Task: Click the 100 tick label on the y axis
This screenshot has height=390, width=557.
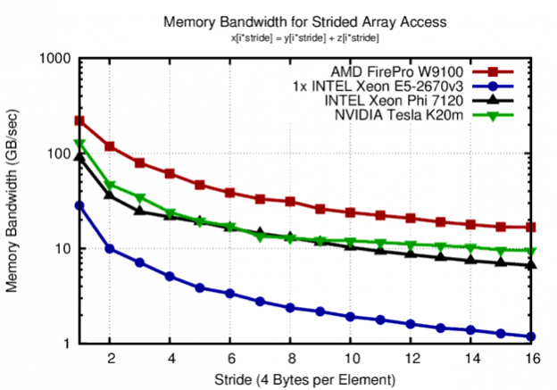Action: pyautogui.click(x=59, y=154)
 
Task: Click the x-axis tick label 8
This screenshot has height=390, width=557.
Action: pyautogui.click(x=290, y=358)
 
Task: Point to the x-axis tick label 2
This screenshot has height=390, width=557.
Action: pyautogui.click(x=110, y=358)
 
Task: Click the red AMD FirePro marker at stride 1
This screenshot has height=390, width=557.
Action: pyautogui.click(x=79, y=120)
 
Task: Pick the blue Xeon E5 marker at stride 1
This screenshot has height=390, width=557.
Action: pyautogui.click(x=79, y=205)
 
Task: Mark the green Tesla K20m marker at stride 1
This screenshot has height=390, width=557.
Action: pyautogui.click(x=79, y=144)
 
